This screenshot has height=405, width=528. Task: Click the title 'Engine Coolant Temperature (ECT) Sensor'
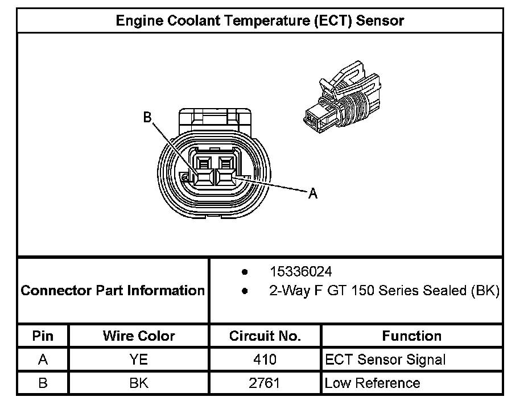click(x=260, y=21)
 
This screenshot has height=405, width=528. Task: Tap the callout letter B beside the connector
click(x=147, y=117)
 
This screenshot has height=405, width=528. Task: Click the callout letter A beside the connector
click(x=312, y=194)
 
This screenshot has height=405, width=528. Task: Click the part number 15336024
click(x=301, y=271)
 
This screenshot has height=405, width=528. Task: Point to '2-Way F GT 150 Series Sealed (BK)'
click(x=384, y=291)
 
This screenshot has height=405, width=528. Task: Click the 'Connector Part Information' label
click(x=113, y=291)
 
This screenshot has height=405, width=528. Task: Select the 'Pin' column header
click(x=43, y=336)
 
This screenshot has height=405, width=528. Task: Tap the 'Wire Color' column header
click(x=139, y=336)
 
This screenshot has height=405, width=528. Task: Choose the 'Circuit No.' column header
click(x=265, y=336)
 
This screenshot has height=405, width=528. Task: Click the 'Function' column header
click(x=412, y=336)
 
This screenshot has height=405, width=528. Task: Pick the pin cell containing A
click(x=43, y=359)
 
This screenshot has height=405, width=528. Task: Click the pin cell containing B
click(x=43, y=383)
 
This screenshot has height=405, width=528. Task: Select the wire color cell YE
click(x=139, y=359)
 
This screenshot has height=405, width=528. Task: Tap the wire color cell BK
click(x=139, y=383)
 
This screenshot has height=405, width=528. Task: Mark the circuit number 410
click(x=265, y=359)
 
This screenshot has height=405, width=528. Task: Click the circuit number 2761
click(x=265, y=383)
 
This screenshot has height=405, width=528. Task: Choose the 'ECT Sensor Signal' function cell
click(x=385, y=359)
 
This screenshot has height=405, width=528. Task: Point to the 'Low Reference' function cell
click(x=372, y=383)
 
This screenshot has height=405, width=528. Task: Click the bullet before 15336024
click(x=244, y=271)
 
